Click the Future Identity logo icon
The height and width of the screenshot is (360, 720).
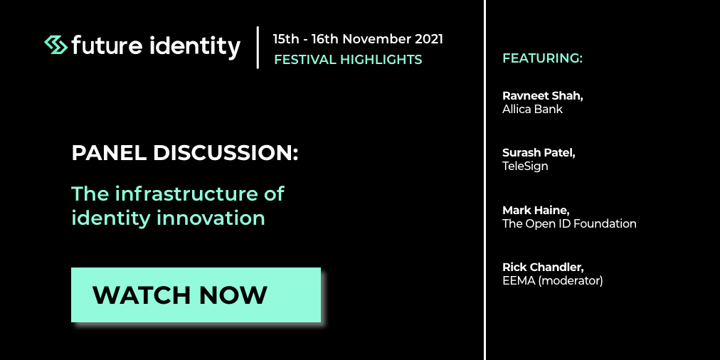56,45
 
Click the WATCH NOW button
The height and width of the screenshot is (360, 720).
196,295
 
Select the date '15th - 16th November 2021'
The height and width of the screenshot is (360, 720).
358,39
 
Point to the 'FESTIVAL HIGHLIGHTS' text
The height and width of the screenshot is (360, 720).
348,60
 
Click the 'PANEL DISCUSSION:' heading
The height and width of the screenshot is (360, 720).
184,154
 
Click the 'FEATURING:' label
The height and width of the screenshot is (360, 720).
542,58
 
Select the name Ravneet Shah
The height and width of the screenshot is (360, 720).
542,96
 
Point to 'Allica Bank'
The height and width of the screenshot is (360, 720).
532,110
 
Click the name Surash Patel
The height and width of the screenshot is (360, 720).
539,153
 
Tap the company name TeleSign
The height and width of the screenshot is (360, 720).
525,166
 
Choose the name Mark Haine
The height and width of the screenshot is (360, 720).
536,211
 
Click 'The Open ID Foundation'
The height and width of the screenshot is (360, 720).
569,223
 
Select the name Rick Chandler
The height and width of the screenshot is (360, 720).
543,268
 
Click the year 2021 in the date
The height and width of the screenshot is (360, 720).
429,39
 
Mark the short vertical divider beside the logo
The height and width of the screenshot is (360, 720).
258,47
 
